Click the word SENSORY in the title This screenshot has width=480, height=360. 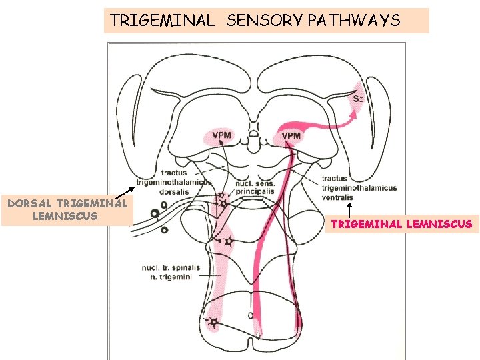tap(265, 21)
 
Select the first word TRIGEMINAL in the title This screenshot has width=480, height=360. tap(162, 21)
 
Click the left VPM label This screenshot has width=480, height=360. tap(222, 135)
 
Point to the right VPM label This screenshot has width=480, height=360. tap(291, 136)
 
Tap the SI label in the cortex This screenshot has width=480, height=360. tap(358, 99)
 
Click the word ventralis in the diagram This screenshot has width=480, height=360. tap(337, 197)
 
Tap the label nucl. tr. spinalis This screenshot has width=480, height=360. tap(171, 268)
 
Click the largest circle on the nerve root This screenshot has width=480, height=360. tap(155, 214)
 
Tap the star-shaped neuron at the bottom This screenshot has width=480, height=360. tap(213, 324)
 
